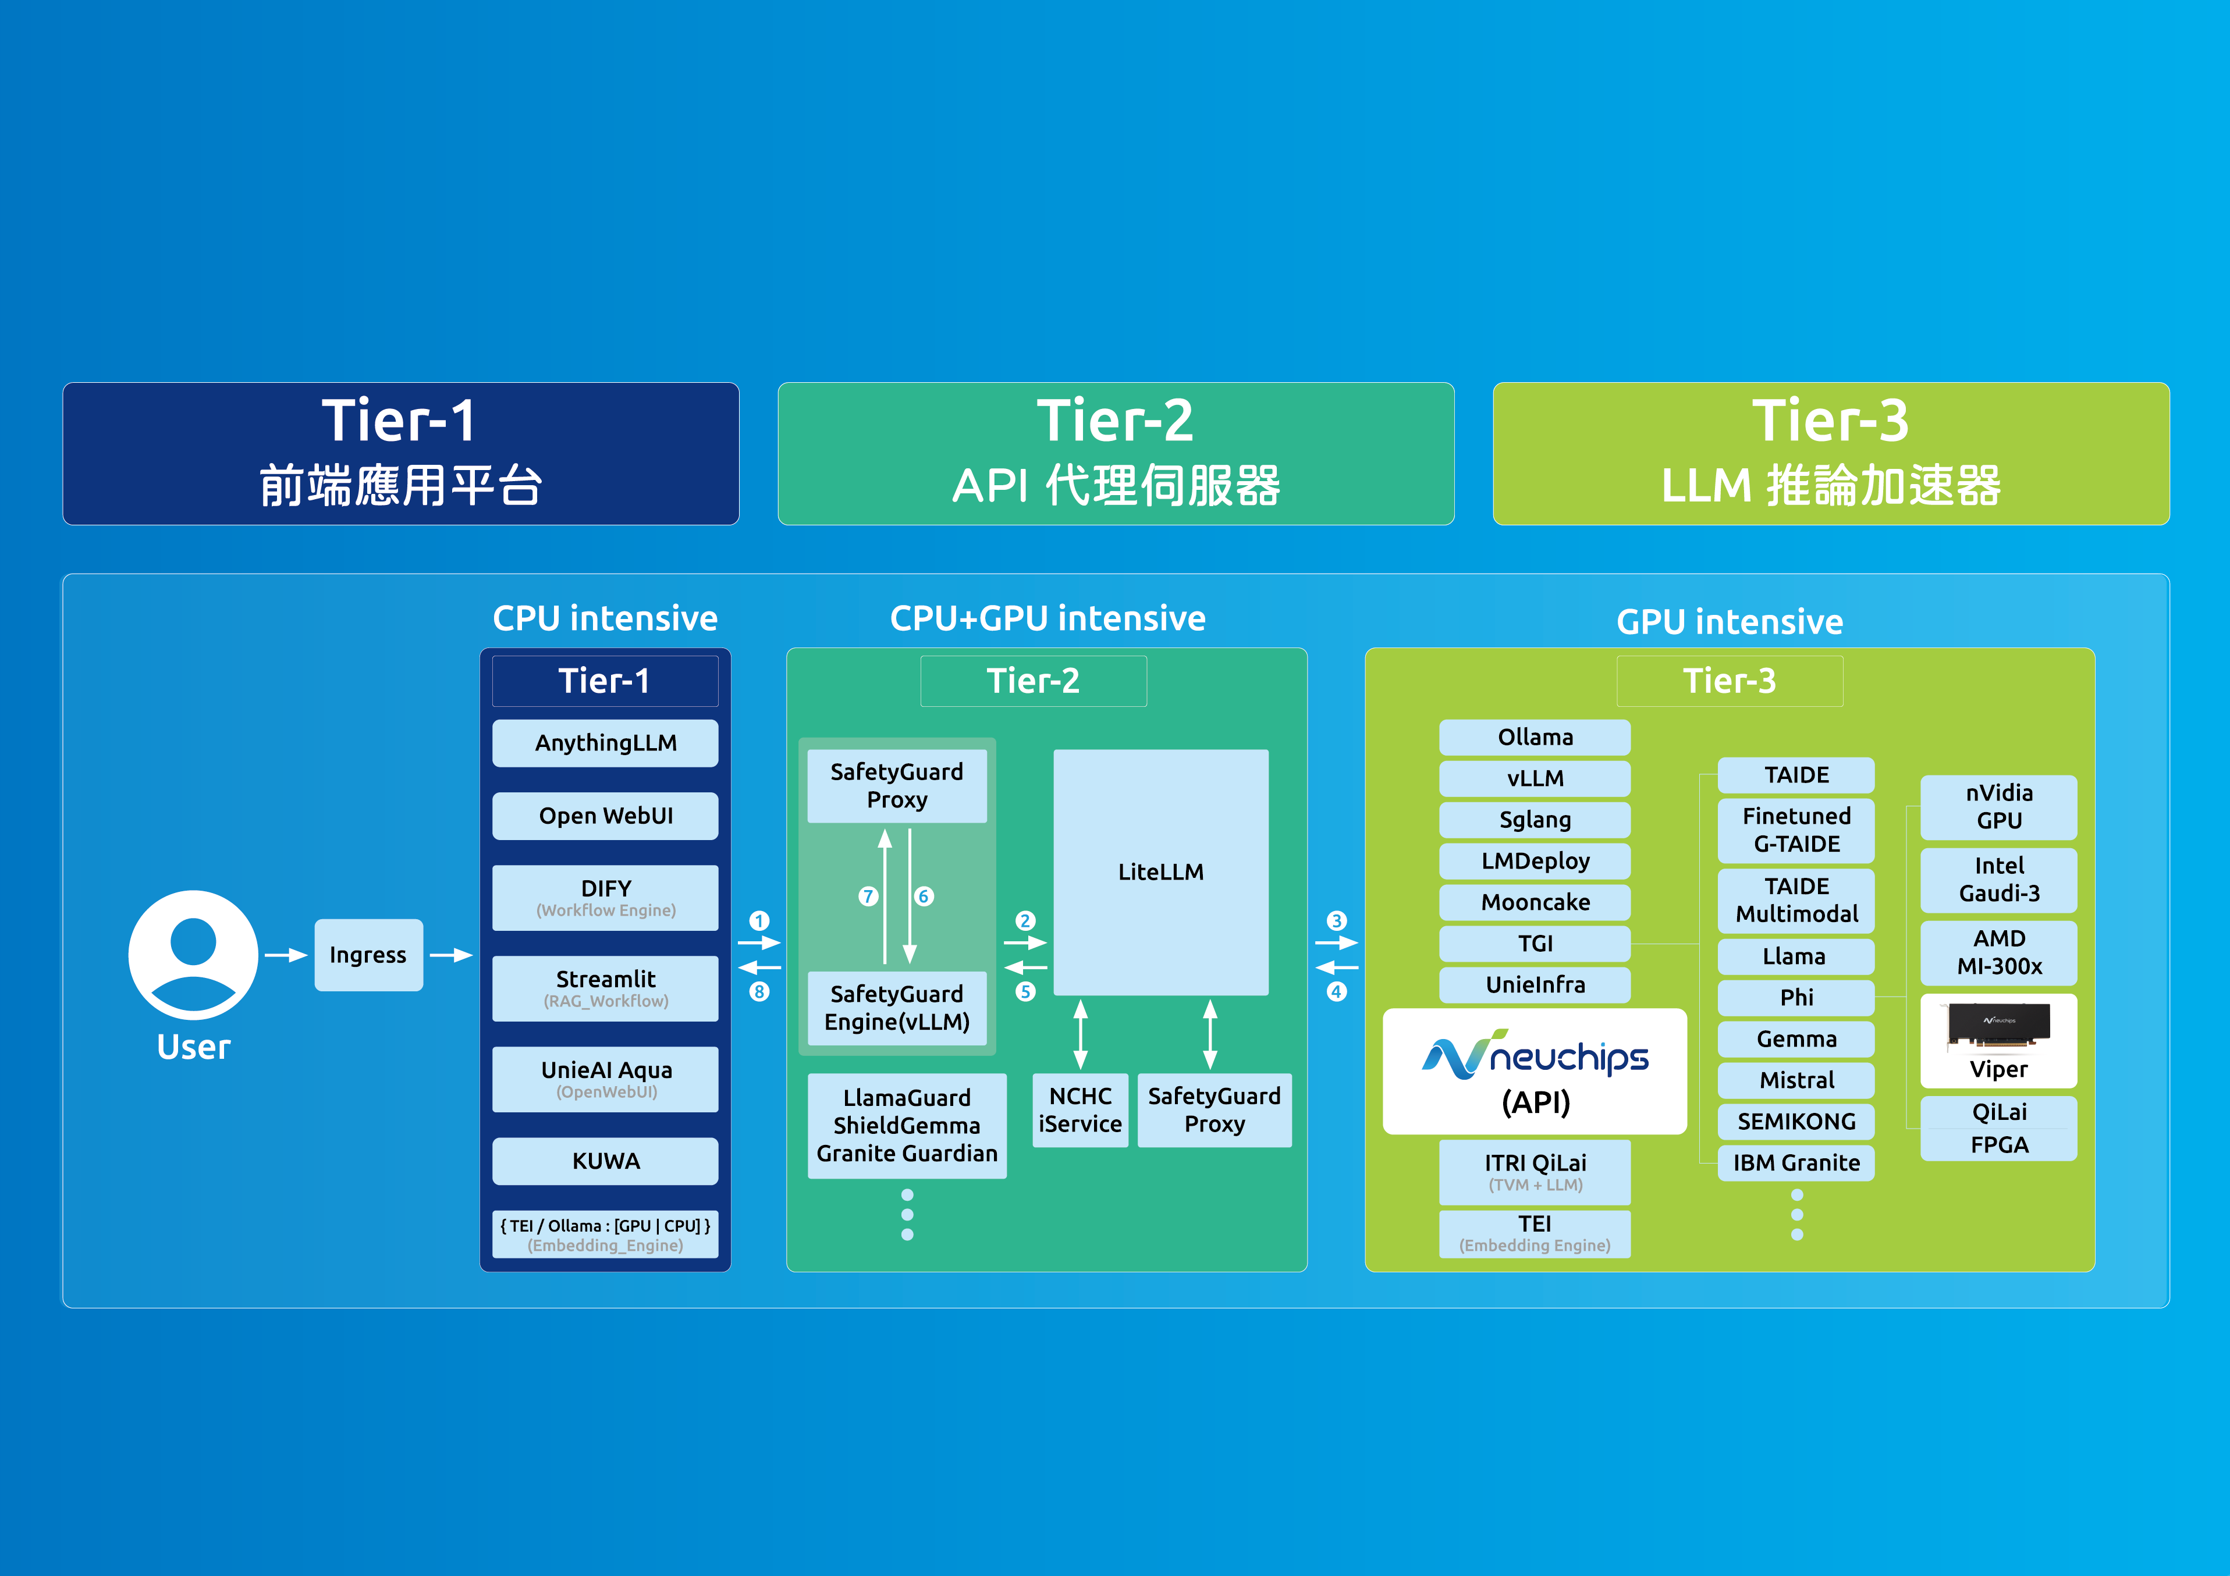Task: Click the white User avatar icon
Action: [x=193, y=955]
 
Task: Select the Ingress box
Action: [x=368, y=955]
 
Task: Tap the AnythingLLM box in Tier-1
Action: [x=605, y=743]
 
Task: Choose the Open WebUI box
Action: [x=605, y=816]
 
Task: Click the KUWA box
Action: [x=605, y=1161]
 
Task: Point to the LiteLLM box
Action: [x=1160, y=872]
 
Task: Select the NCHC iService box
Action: [x=1080, y=1110]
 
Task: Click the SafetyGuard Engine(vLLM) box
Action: [x=896, y=1008]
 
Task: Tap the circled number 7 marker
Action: [x=868, y=896]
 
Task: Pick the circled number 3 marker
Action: [x=1337, y=920]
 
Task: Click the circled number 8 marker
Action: [x=759, y=991]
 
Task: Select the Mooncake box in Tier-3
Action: [x=1535, y=902]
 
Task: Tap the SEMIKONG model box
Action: [x=1796, y=1122]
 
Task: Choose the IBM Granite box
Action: [x=1796, y=1162]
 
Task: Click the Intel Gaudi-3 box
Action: [x=1999, y=880]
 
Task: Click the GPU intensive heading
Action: [x=1729, y=621]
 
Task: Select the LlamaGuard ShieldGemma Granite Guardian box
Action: [x=906, y=1126]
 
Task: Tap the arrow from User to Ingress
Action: [x=286, y=955]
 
